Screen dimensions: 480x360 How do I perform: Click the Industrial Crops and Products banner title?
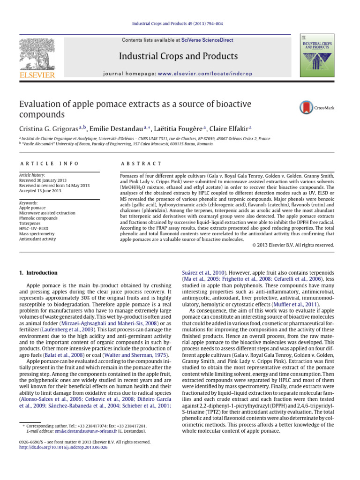(x=178, y=57)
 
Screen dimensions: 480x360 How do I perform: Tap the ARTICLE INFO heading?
(x=49, y=163)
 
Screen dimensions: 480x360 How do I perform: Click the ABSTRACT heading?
(x=141, y=163)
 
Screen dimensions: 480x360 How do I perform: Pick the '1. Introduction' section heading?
(x=38, y=272)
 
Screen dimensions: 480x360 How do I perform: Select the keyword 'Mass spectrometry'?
(x=37, y=233)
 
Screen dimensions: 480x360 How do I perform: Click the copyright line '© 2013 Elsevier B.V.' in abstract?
(x=293, y=245)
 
